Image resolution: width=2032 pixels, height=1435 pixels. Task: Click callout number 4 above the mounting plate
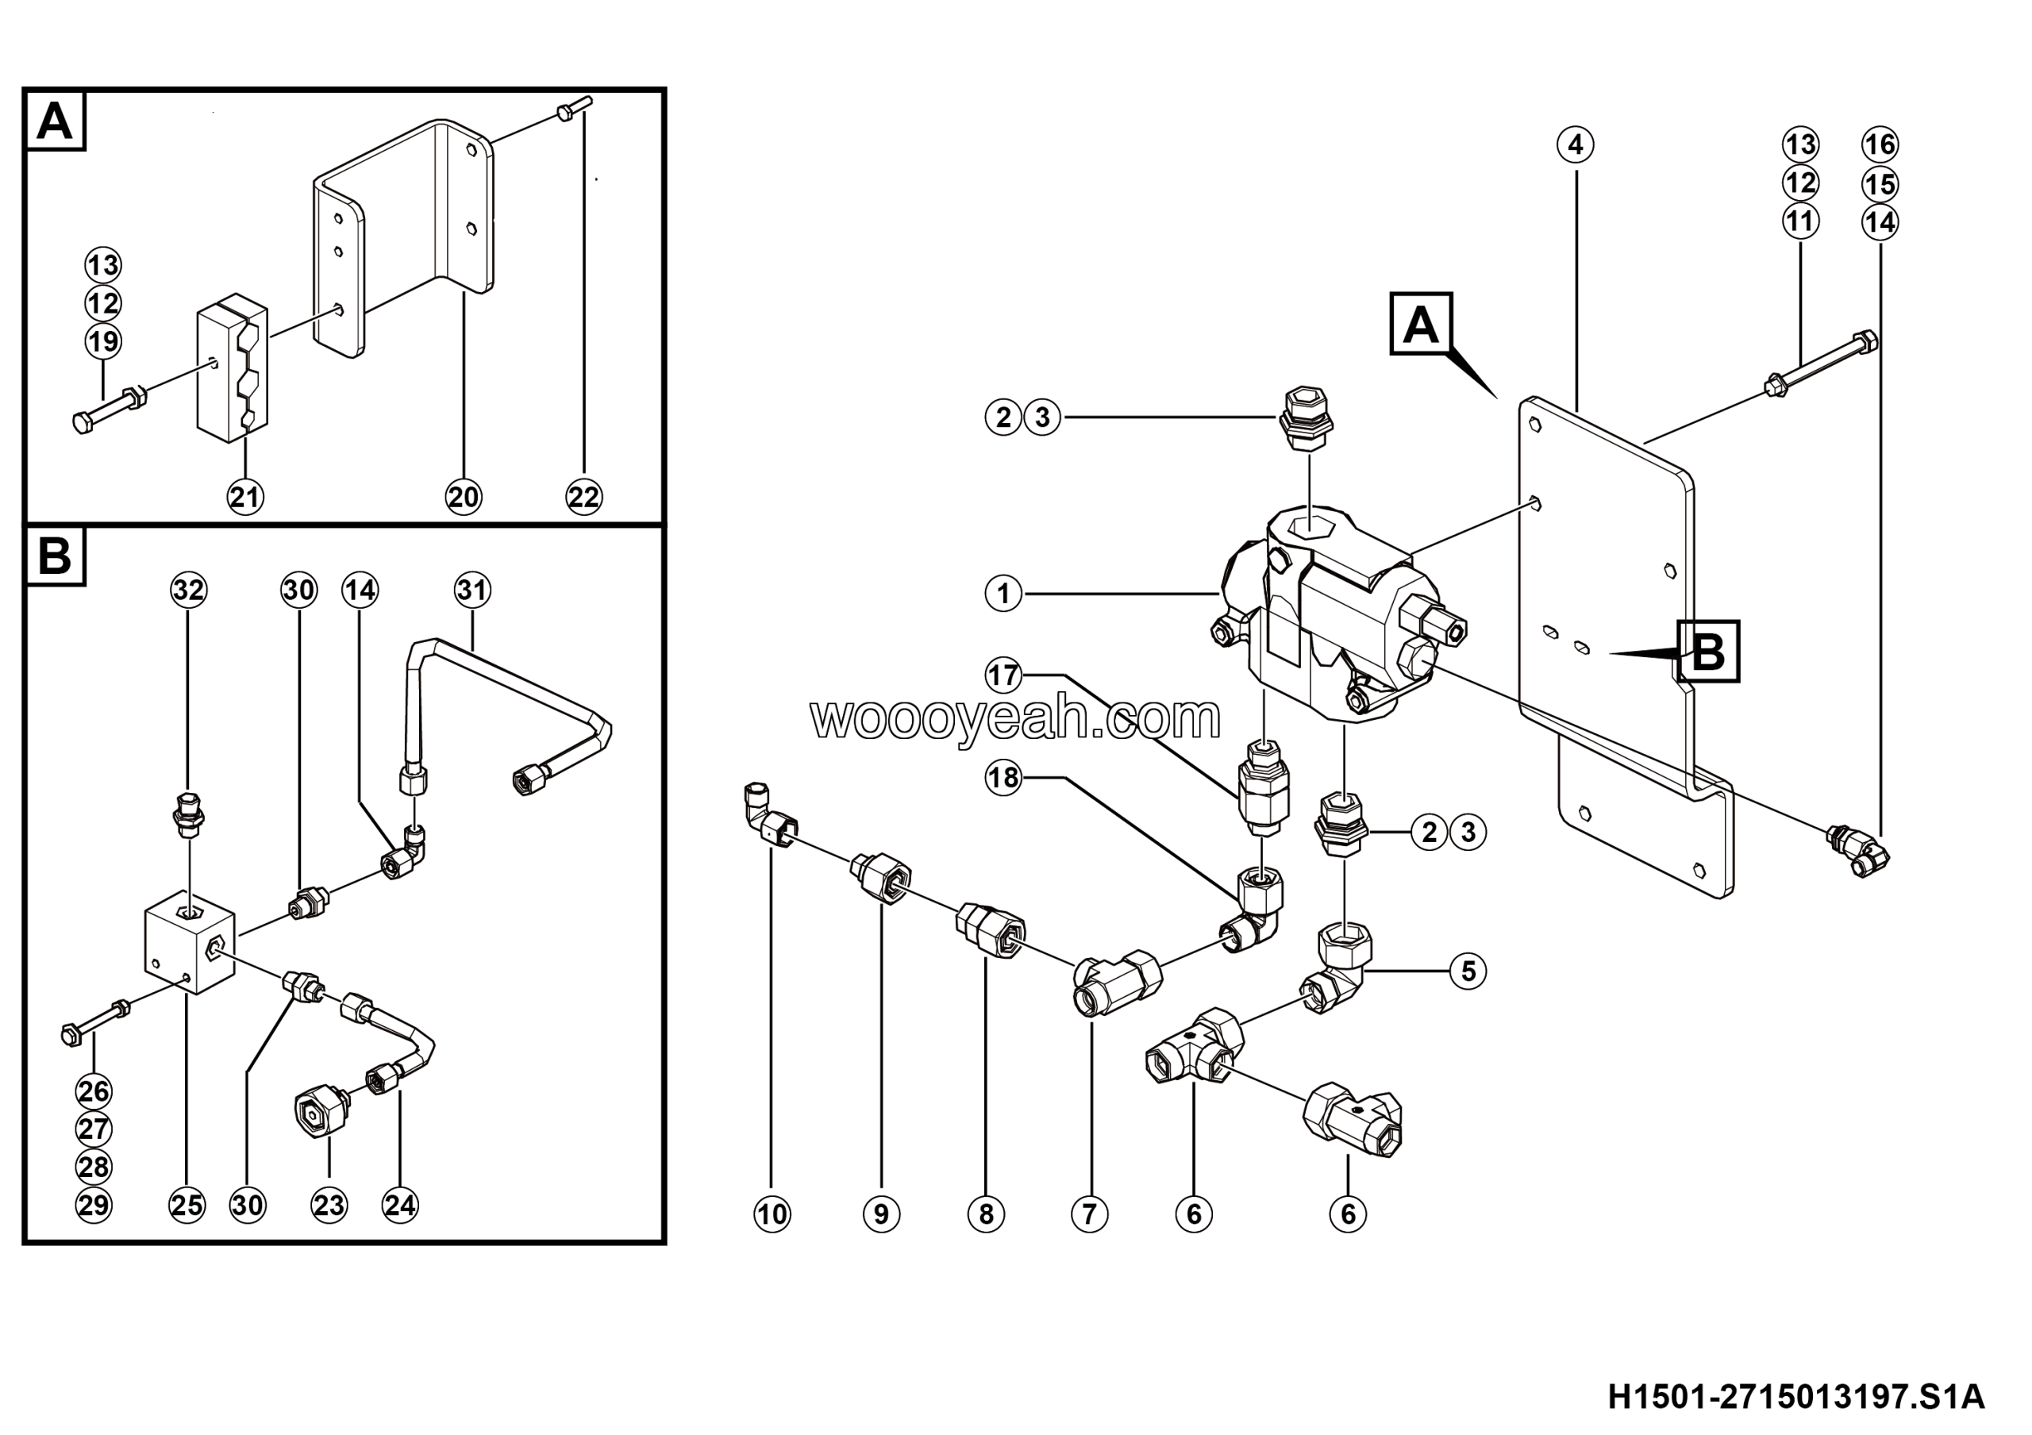(x=1576, y=145)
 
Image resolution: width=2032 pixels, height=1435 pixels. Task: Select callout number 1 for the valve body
(x=1003, y=594)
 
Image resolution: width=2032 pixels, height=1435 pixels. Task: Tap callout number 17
(x=1003, y=677)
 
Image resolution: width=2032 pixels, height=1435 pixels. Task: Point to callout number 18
(x=1003, y=779)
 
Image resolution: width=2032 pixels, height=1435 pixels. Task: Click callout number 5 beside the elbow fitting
(x=1468, y=971)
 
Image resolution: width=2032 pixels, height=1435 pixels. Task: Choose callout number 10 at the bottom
(x=772, y=1214)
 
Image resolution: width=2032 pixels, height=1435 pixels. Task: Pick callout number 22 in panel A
(x=583, y=497)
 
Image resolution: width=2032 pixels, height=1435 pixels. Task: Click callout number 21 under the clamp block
(x=245, y=497)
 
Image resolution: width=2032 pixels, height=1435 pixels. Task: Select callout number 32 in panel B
(x=187, y=590)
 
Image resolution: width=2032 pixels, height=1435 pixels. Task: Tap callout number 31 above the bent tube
(x=472, y=590)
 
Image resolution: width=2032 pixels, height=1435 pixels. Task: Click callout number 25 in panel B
(x=187, y=1205)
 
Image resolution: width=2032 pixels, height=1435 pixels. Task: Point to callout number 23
(x=329, y=1205)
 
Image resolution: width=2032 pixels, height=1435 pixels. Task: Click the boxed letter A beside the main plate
(x=1421, y=324)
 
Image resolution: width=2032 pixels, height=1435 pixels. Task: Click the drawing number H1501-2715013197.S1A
(x=1795, y=1398)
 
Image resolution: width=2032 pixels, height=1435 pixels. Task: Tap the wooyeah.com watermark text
(x=1015, y=717)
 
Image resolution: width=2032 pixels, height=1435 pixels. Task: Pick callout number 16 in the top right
(x=1880, y=145)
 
